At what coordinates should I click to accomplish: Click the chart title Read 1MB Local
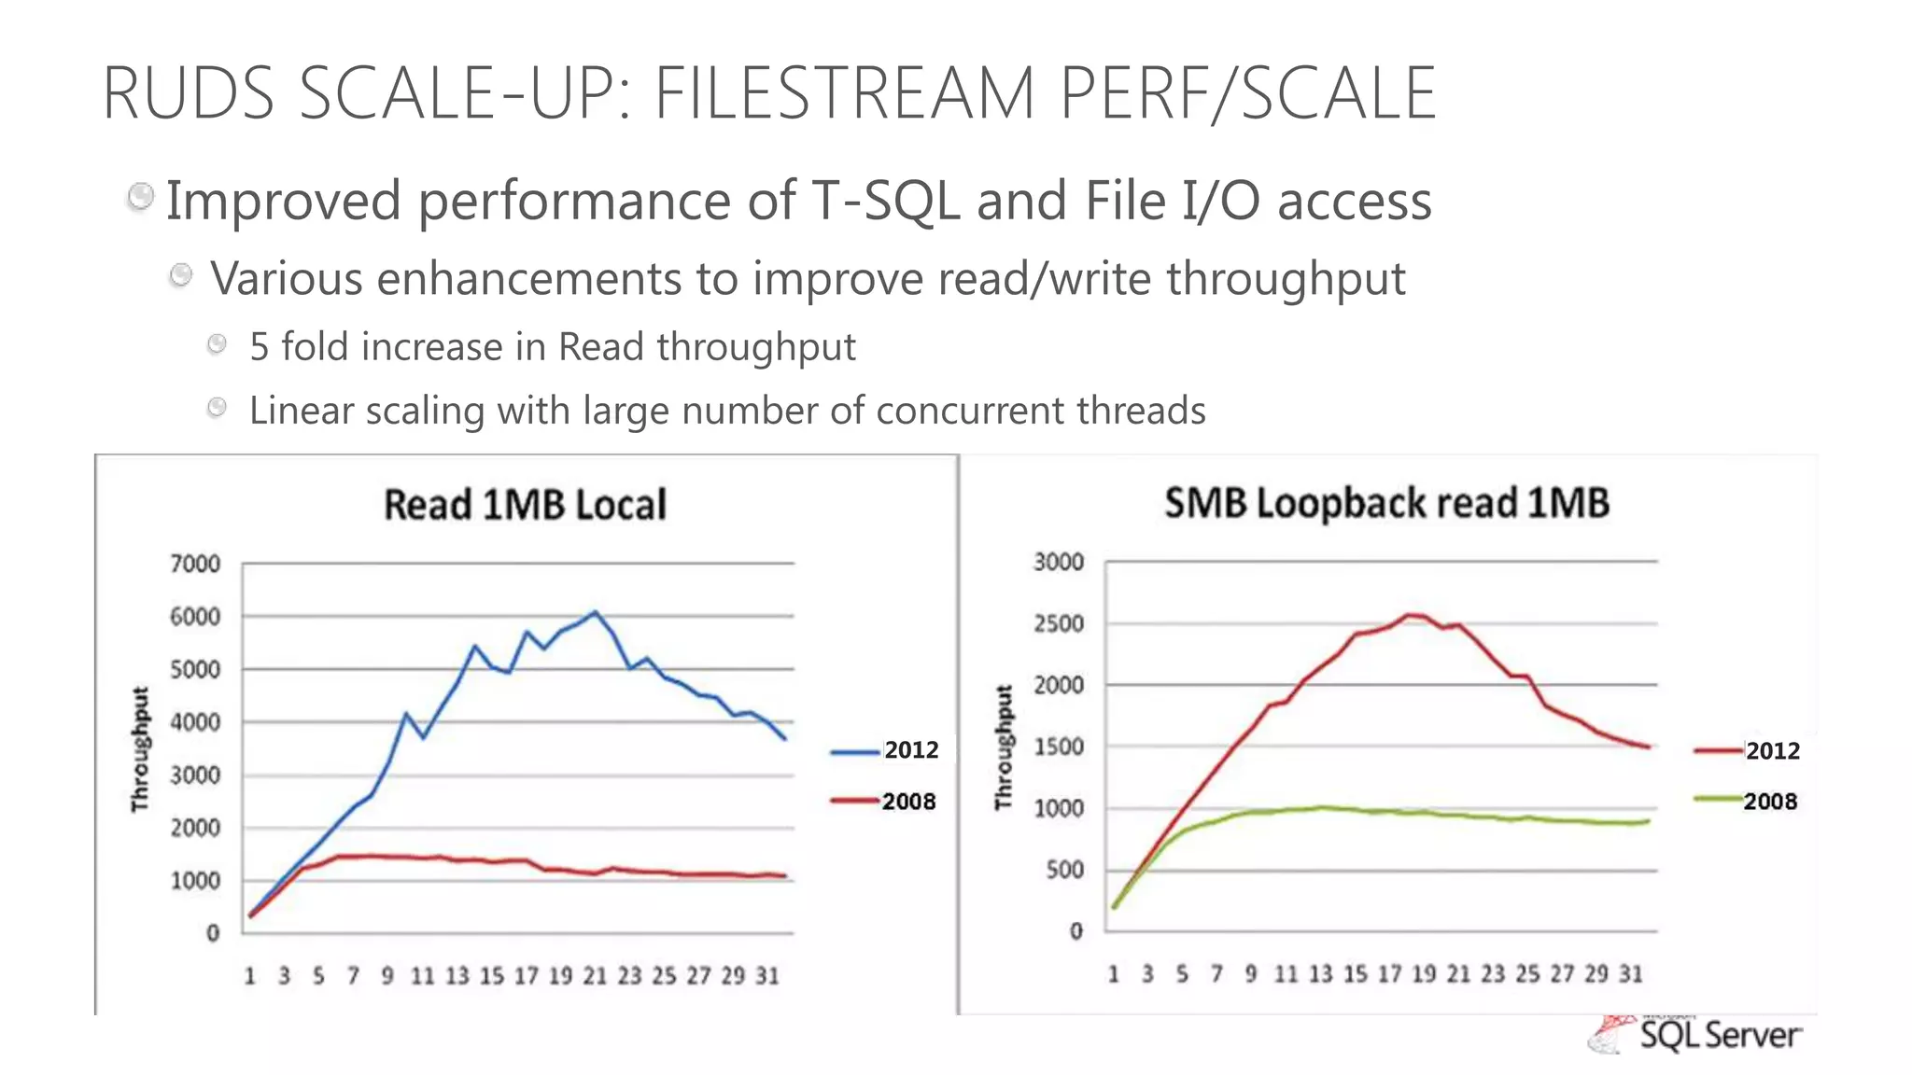point(525,505)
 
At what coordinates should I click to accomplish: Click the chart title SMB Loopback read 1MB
point(1386,503)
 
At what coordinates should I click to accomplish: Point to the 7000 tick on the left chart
point(195,564)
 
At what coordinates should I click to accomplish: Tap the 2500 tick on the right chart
point(1059,623)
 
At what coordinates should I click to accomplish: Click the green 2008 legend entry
point(1746,801)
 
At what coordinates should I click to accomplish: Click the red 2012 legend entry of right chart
point(1747,750)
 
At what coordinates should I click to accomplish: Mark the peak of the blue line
point(596,612)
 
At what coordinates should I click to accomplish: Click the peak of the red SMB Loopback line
point(1410,614)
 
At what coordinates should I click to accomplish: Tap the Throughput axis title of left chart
point(140,749)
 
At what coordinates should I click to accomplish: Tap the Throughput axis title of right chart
point(1004,747)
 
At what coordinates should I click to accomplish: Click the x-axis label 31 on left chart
point(767,976)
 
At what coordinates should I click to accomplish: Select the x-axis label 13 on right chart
point(1320,974)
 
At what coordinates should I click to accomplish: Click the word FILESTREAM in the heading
point(843,93)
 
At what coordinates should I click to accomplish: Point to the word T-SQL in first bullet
point(885,201)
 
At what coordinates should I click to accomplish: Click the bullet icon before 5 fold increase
point(217,344)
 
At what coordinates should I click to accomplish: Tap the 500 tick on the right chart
point(1064,870)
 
